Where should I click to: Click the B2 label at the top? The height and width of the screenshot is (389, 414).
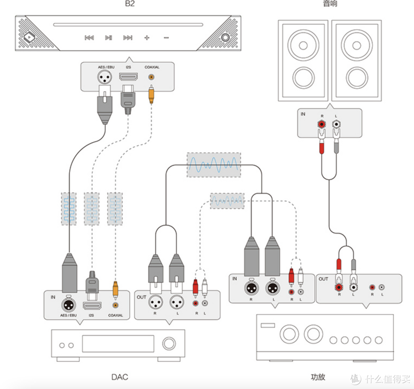pyautogui.click(x=129, y=4)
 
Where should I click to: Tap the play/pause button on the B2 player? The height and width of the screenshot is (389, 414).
pyautogui.click(x=108, y=38)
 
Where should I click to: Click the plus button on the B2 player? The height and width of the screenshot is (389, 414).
pyautogui.click(x=146, y=38)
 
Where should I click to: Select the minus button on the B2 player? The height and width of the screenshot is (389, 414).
pyautogui.click(x=166, y=38)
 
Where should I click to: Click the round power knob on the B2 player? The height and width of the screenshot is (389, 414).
pyautogui.click(x=225, y=38)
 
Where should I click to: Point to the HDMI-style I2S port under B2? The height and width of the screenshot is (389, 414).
pyautogui.click(x=128, y=77)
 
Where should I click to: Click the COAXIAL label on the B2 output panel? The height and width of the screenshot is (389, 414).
pyautogui.click(x=152, y=67)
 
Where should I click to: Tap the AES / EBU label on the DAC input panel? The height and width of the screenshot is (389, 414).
pyautogui.click(x=69, y=315)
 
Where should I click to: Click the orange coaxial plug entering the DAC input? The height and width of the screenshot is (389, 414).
pyautogui.click(x=115, y=288)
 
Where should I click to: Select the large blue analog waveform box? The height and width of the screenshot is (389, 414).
pyautogui.click(x=214, y=165)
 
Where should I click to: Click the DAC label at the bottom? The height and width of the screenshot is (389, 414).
pyautogui.click(x=120, y=377)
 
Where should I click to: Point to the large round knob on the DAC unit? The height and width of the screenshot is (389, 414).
pyautogui.click(x=168, y=343)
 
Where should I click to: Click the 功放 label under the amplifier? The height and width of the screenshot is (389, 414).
pyautogui.click(x=318, y=377)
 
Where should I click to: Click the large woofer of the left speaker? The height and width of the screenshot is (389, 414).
pyautogui.click(x=303, y=45)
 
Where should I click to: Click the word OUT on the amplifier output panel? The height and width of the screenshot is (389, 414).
pyautogui.click(x=323, y=279)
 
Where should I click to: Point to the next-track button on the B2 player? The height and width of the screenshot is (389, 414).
pyautogui.click(x=128, y=38)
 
